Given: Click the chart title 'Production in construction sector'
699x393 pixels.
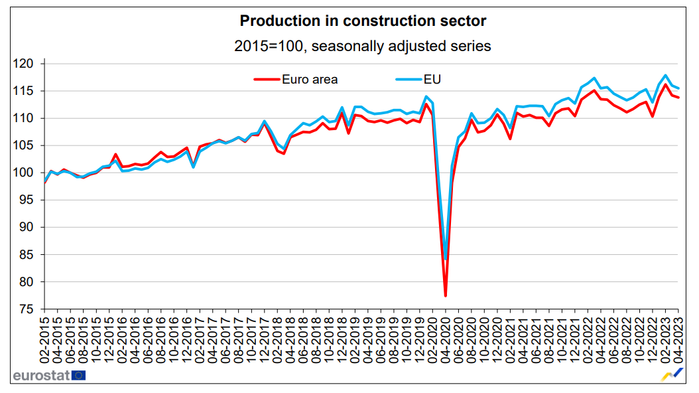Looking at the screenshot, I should coord(363,21).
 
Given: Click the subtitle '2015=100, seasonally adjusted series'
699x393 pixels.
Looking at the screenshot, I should coord(363,46).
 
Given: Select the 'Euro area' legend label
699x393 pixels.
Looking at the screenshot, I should coord(310,80).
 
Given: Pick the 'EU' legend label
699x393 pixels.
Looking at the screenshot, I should coord(433,80).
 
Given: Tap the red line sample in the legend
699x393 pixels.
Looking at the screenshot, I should coord(267,80).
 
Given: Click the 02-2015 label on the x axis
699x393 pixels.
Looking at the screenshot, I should coord(44,339).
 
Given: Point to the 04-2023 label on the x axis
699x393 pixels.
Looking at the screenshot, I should coord(678,339).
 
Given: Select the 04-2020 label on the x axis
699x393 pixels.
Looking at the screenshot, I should coord(446,339).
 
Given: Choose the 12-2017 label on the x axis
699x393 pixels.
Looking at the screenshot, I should coord(264,339).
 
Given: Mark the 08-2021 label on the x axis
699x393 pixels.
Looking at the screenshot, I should coord(549,339).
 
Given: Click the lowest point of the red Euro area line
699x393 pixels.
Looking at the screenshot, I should coord(446,295).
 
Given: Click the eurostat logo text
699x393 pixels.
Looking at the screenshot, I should coord(41,375).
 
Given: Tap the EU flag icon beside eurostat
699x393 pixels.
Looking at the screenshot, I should coord(79,375).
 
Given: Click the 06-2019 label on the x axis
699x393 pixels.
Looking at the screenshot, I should coord(381,339).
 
